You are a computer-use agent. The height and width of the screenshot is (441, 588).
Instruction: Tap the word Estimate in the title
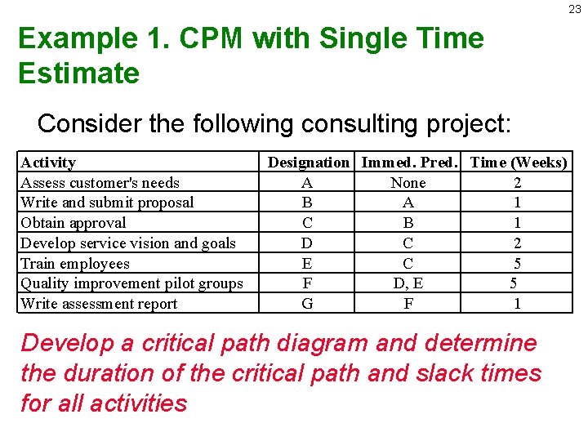point(78,73)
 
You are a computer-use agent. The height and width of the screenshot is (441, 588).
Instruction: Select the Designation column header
point(308,163)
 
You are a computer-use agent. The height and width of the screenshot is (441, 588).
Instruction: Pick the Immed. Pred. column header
point(408,163)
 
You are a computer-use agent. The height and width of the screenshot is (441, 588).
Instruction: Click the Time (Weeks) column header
point(518,163)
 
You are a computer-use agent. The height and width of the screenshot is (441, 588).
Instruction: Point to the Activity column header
point(48,163)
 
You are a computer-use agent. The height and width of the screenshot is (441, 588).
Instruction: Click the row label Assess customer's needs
point(100,183)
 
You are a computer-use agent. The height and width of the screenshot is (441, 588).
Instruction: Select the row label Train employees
point(75,264)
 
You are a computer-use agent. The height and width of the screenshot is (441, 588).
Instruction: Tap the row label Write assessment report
point(99,304)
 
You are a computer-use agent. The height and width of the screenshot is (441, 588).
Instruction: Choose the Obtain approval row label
point(73,223)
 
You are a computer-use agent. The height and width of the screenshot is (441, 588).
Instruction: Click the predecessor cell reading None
point(408,183)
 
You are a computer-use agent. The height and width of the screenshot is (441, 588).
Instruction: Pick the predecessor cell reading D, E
point(408,283)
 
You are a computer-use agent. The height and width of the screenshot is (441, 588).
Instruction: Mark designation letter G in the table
point(307,304)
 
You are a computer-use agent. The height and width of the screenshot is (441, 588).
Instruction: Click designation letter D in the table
point(307,243)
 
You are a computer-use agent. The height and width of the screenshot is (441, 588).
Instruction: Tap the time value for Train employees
point(517,264)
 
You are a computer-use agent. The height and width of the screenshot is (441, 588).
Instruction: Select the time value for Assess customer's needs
point(517,183)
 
